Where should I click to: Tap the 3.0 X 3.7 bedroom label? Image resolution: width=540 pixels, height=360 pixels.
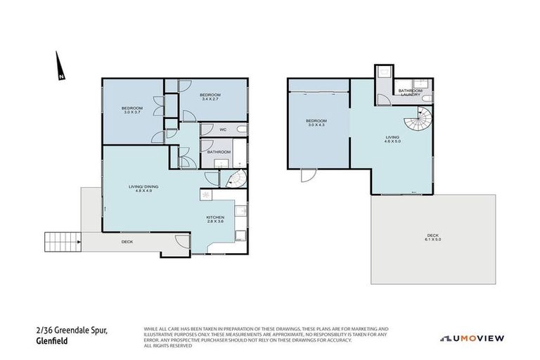tap(132, 110)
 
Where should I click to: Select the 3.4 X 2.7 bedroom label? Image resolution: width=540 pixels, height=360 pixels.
tap(210, 97)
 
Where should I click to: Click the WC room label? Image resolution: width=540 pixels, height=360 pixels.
tap(222, 130)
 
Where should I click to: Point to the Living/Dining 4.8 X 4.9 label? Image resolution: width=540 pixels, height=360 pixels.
tap(143, 189)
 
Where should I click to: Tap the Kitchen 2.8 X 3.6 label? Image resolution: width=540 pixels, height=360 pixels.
tap(215, 220)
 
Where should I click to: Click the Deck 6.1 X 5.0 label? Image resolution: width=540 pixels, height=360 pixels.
tap(433, 238)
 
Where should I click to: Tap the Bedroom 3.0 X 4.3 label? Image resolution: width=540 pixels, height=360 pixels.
tap(316, 123)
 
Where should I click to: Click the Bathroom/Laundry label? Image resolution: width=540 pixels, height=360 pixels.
tap(410, 92)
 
